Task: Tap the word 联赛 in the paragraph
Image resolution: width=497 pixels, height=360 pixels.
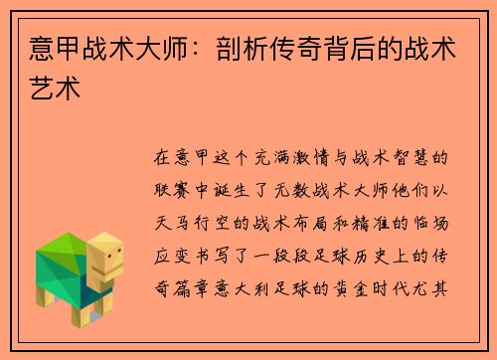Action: click(174, 186)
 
